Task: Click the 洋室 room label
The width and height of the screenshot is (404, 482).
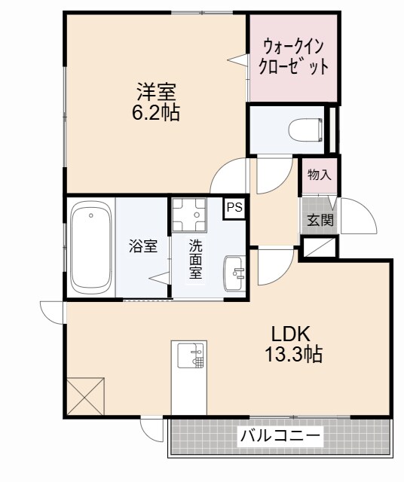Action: coord(156,93)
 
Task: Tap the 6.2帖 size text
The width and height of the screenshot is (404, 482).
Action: coord(156,113)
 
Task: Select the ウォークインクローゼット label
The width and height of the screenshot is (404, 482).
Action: coord(292,57)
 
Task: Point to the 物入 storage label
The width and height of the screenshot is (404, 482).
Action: coord(319,175)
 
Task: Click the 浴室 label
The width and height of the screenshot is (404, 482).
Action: coord(142,246)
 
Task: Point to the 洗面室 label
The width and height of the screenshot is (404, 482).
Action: coord(195,258)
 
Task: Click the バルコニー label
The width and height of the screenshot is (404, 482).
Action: coord(280,436)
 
